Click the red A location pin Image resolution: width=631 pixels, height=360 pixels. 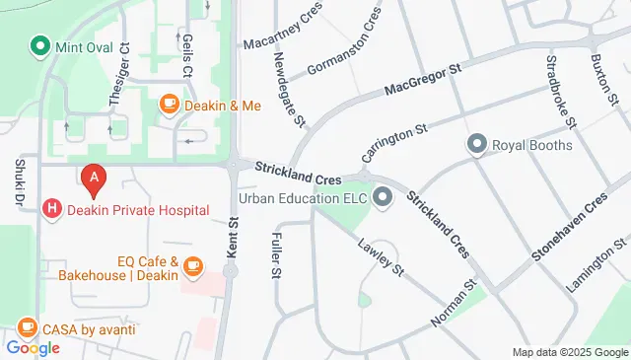coord(94,179)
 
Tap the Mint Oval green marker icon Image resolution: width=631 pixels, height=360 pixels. coord(40,44)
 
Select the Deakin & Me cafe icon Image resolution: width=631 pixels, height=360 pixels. coord(170,104)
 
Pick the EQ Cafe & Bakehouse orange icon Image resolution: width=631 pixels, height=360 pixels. coord(193,264)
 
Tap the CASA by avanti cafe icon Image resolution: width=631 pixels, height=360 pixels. coord(28,327)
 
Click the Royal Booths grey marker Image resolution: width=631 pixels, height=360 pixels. coord(478,145)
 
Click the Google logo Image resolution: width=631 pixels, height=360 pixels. coord(33,347)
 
